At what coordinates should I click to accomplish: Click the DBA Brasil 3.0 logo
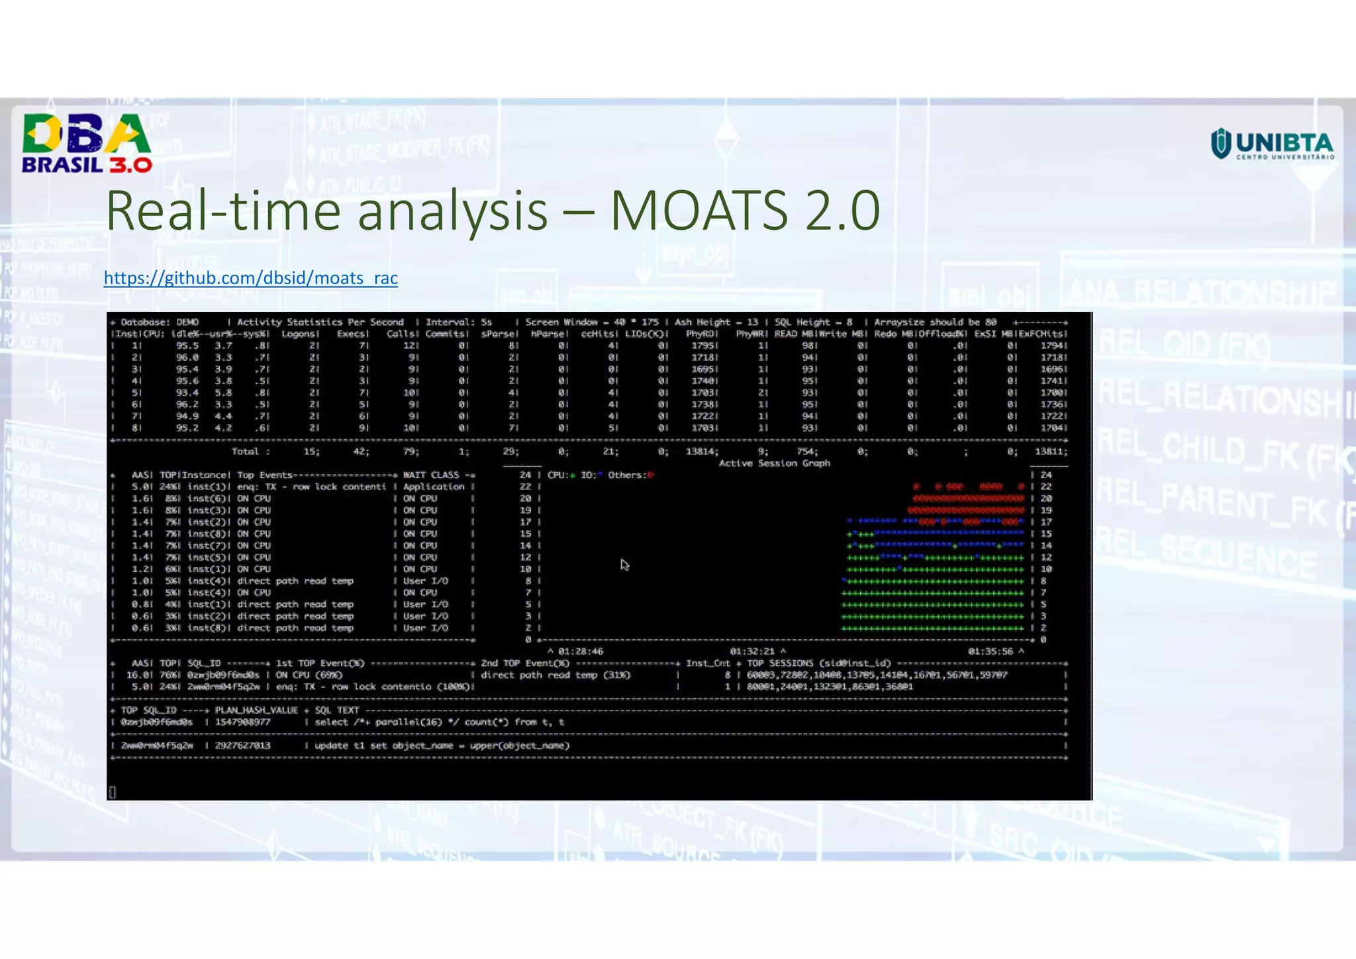point(87,143)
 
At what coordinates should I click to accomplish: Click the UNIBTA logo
point(1272,144)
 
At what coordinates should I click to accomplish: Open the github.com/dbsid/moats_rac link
point(250,278)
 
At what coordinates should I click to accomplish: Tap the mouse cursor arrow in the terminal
point(624,565)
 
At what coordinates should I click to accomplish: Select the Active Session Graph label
point(774,463)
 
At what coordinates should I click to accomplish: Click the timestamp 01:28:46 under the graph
point(580,652)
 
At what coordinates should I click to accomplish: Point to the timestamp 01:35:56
point(990,652)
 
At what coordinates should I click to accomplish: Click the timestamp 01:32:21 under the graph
point(752,652)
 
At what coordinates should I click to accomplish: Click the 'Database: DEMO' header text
point(160,323)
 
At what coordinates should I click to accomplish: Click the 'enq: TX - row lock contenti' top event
point(311,487)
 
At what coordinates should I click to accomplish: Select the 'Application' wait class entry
point(434,487)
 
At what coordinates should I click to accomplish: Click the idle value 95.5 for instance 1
point(187,346)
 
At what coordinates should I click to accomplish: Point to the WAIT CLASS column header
point(431,475)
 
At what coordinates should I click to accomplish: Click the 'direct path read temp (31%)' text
point(556,676)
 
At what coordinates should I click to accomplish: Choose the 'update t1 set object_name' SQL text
point(442,746)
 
